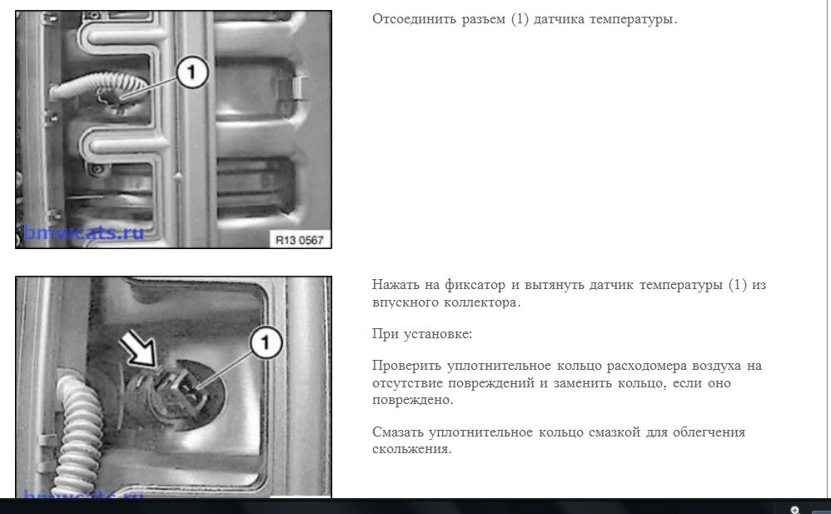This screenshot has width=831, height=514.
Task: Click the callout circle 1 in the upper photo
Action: pyautogui.click(x=192, y=72)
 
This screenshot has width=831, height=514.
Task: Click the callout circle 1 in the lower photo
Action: pyautogui.click(x=266, y=342)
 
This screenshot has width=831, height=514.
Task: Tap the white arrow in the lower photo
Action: pyautogui.click(x=139, y=348)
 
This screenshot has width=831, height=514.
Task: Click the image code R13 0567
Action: pyautogui.click(x=300, y=240)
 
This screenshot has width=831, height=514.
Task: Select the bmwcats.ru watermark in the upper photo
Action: pyautogui.click(x=84, y=232)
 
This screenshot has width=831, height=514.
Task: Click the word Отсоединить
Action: pyautogui.click(x=413, y=19)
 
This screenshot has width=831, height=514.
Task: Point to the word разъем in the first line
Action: pyautogui.click(x=483, y=20)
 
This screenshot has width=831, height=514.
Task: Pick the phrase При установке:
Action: pyautogui.click(x=422, y=334)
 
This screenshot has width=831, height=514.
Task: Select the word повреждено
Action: pyautogui.click(x=412, y=400)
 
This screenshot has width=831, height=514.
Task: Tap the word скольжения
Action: pyautogui.click(x=411, y=449)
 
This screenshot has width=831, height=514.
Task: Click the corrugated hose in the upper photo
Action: pyautogui.click(x=98, y=86)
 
